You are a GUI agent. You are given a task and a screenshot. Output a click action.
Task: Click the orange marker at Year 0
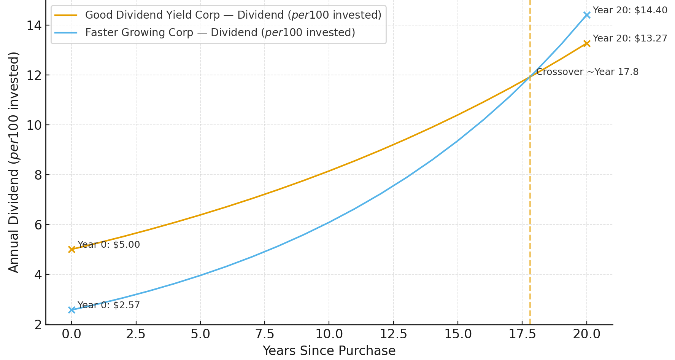[x=71, y=249]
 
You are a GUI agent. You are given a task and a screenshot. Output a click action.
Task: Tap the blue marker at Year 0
[x=71, y=310]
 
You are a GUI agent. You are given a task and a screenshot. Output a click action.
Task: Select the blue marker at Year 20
[x=587, y=15]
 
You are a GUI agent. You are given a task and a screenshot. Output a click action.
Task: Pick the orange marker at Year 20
[x=587, y=43]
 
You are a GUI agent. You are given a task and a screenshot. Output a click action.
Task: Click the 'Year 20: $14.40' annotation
[x=630, y=10]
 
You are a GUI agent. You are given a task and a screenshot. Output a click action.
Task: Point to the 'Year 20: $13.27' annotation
[x=630, y=38]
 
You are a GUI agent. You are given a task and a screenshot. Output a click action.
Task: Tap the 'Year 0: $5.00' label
[x=109, y=245]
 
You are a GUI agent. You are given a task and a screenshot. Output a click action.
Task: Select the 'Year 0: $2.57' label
[x=109, y=305]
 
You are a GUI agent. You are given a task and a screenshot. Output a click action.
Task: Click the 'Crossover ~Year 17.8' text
[x=588, y=72]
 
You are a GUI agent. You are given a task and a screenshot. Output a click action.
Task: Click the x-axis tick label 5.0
[x=200, y=334]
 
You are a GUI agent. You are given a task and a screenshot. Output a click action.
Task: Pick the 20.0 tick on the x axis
[x=587, y=334]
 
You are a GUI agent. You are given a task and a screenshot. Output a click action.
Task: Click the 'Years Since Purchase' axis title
[x=329, y=350]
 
